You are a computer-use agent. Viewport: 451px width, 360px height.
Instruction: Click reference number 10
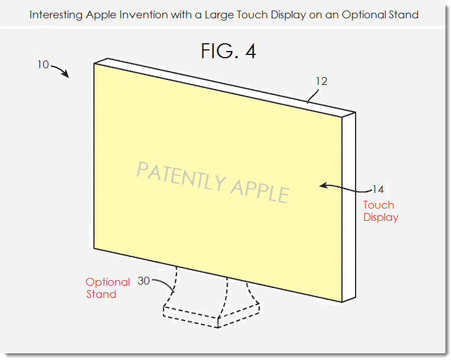tap(43, 65)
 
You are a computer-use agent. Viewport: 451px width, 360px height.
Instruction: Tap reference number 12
tap(322, 82)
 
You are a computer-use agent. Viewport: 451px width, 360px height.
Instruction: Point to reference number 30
tap(143, 281)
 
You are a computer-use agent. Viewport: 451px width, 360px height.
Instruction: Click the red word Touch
tap(379, 205)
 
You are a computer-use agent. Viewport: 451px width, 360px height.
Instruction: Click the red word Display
tap(381, 217)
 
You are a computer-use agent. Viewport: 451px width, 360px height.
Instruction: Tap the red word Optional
tap(108, 282)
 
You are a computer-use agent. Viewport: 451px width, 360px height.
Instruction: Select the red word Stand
tap(101, 295)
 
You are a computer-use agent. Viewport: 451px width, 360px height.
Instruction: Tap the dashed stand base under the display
tap(214, 313)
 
